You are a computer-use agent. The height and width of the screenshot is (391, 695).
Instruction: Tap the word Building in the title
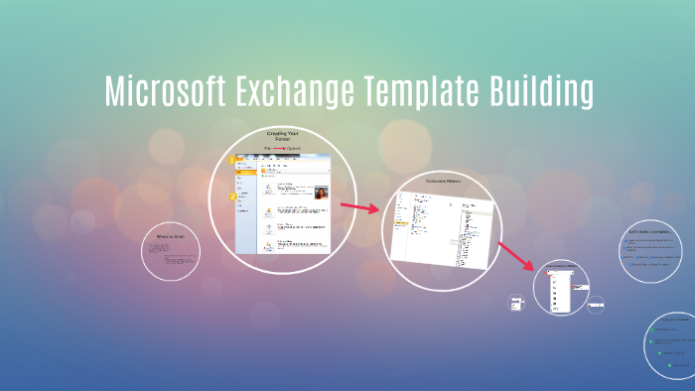pyautogui.click(x=541, y=91)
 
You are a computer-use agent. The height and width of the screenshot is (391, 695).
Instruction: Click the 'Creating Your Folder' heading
pyautogui.click(x=282, y=136)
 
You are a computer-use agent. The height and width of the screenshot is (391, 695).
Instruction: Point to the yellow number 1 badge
pyautogui.click(x=232, y=160)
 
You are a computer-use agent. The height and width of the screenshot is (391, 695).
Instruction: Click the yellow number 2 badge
pyautogui.click(x=232, y=196)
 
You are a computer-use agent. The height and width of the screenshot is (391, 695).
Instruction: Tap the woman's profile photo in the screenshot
pyautogui.click(x=322, y=193)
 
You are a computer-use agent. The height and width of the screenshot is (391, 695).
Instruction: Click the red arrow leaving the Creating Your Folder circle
pyautogui.click(x=360, y=207)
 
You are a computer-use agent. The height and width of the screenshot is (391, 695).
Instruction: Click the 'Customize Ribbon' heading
pyautogui.click(x=444, y=181)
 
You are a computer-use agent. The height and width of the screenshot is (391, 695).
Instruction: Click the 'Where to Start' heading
pyautogui.click(x=171, y=236)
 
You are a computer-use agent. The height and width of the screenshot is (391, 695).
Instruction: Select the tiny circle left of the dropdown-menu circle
pyautogui.click(x=516, y=304)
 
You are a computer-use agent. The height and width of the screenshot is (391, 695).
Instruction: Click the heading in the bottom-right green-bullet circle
pyautogui.click(x=677, y=320)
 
